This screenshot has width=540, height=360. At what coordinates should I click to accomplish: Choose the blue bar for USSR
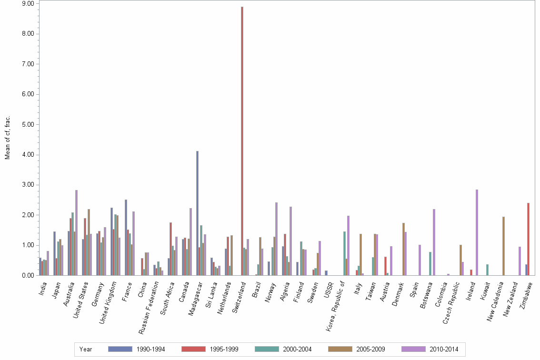(x=326, y=273)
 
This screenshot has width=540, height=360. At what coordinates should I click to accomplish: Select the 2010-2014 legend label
(x=444, y=349)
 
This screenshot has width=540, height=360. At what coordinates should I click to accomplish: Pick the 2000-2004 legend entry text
(x=297, y=349)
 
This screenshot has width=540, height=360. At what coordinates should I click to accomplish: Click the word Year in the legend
(x=86, y=349)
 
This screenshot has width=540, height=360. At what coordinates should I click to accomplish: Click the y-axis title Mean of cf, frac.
(x=7, y=137)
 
